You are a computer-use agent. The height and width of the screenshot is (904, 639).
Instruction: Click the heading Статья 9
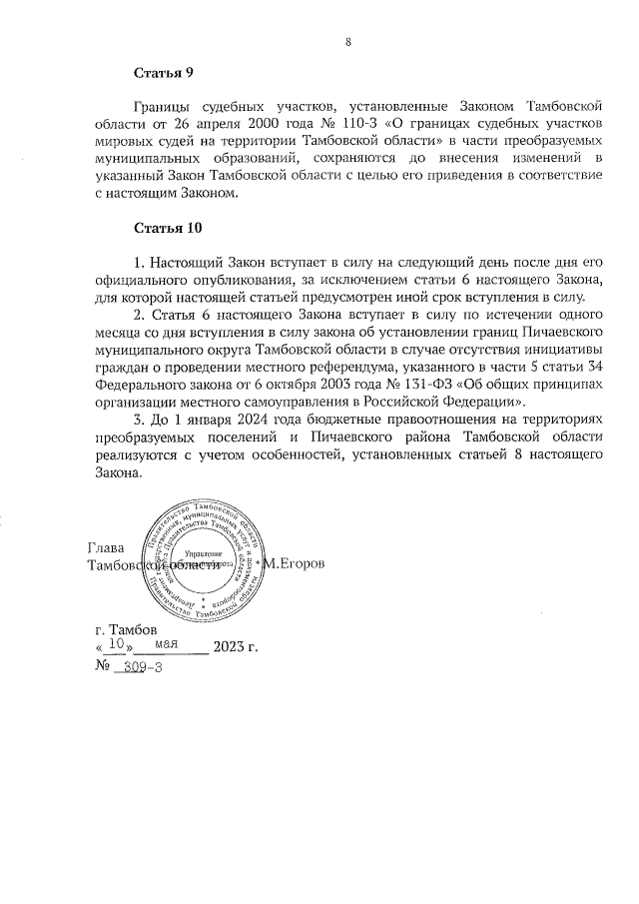(163, 73)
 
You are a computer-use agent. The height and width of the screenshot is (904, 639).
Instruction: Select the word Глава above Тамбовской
(107, 547)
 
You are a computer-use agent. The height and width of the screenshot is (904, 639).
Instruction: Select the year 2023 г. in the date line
(236, 647)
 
